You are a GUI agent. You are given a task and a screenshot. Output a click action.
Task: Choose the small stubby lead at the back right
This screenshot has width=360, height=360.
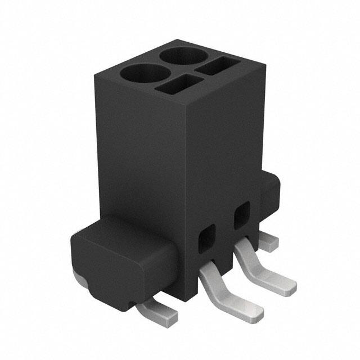click(270, 241)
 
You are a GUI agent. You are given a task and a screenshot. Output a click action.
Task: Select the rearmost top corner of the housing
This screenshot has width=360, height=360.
click(177, 39)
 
